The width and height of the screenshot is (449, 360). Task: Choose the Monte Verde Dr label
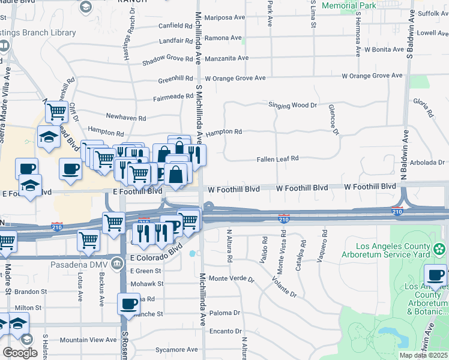point(231,279)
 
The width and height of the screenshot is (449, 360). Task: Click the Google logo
point(20,353)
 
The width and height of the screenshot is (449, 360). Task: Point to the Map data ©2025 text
point(423,355)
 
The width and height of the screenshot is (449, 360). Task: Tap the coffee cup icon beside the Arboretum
point(435,275)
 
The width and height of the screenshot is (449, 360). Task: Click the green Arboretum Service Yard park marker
point(439,248)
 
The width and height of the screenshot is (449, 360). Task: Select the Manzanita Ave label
point(226,58)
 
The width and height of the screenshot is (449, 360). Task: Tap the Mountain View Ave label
point(88,340)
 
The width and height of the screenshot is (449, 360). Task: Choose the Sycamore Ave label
point(177,349)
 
